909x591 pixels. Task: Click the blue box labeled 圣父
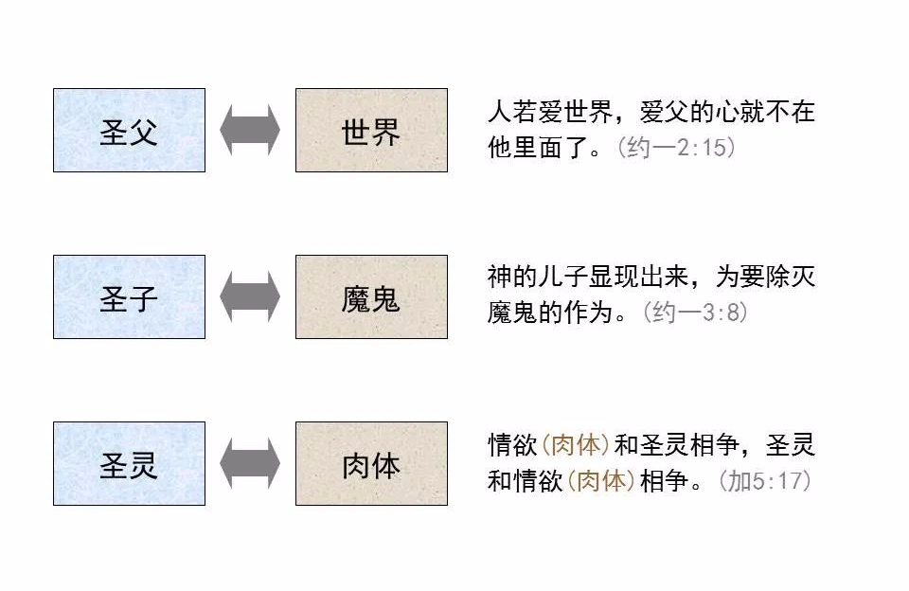coord(130,130)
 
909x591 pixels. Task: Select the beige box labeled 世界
coord(371,130)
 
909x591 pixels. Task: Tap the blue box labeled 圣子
coord(130,296)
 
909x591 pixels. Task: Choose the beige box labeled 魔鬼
coord(371,296)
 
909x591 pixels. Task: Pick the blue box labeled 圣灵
coord(130,463)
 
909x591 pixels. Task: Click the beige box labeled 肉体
coord(371,463)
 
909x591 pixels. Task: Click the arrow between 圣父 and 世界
coord(250,130)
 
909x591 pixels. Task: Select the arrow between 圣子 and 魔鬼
coord(250,296)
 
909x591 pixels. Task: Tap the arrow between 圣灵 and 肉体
coord(250,463)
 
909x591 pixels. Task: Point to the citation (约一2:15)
coord(676,148)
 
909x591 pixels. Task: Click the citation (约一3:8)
coord(695,312)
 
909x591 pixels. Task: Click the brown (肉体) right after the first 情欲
coord(575,445)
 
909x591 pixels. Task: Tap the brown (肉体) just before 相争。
coord(600,480)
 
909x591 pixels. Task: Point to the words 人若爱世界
coord(550,112)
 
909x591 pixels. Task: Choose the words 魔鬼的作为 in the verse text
coord(550,312)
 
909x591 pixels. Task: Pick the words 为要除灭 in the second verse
coord(765,277)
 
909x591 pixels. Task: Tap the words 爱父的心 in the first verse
coord(689,112)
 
